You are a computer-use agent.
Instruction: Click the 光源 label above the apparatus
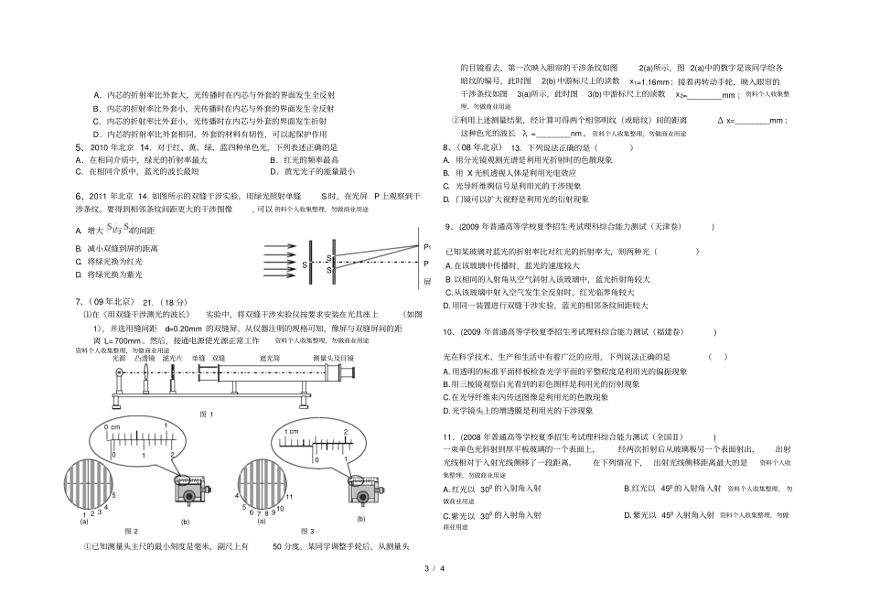point(119,358)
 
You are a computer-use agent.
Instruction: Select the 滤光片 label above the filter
point(171,358)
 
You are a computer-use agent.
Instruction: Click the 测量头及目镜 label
point(333,358)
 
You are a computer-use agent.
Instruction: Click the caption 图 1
point(206,414)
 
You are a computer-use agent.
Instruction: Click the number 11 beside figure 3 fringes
point(287,495)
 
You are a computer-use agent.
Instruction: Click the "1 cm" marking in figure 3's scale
point(292,431)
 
